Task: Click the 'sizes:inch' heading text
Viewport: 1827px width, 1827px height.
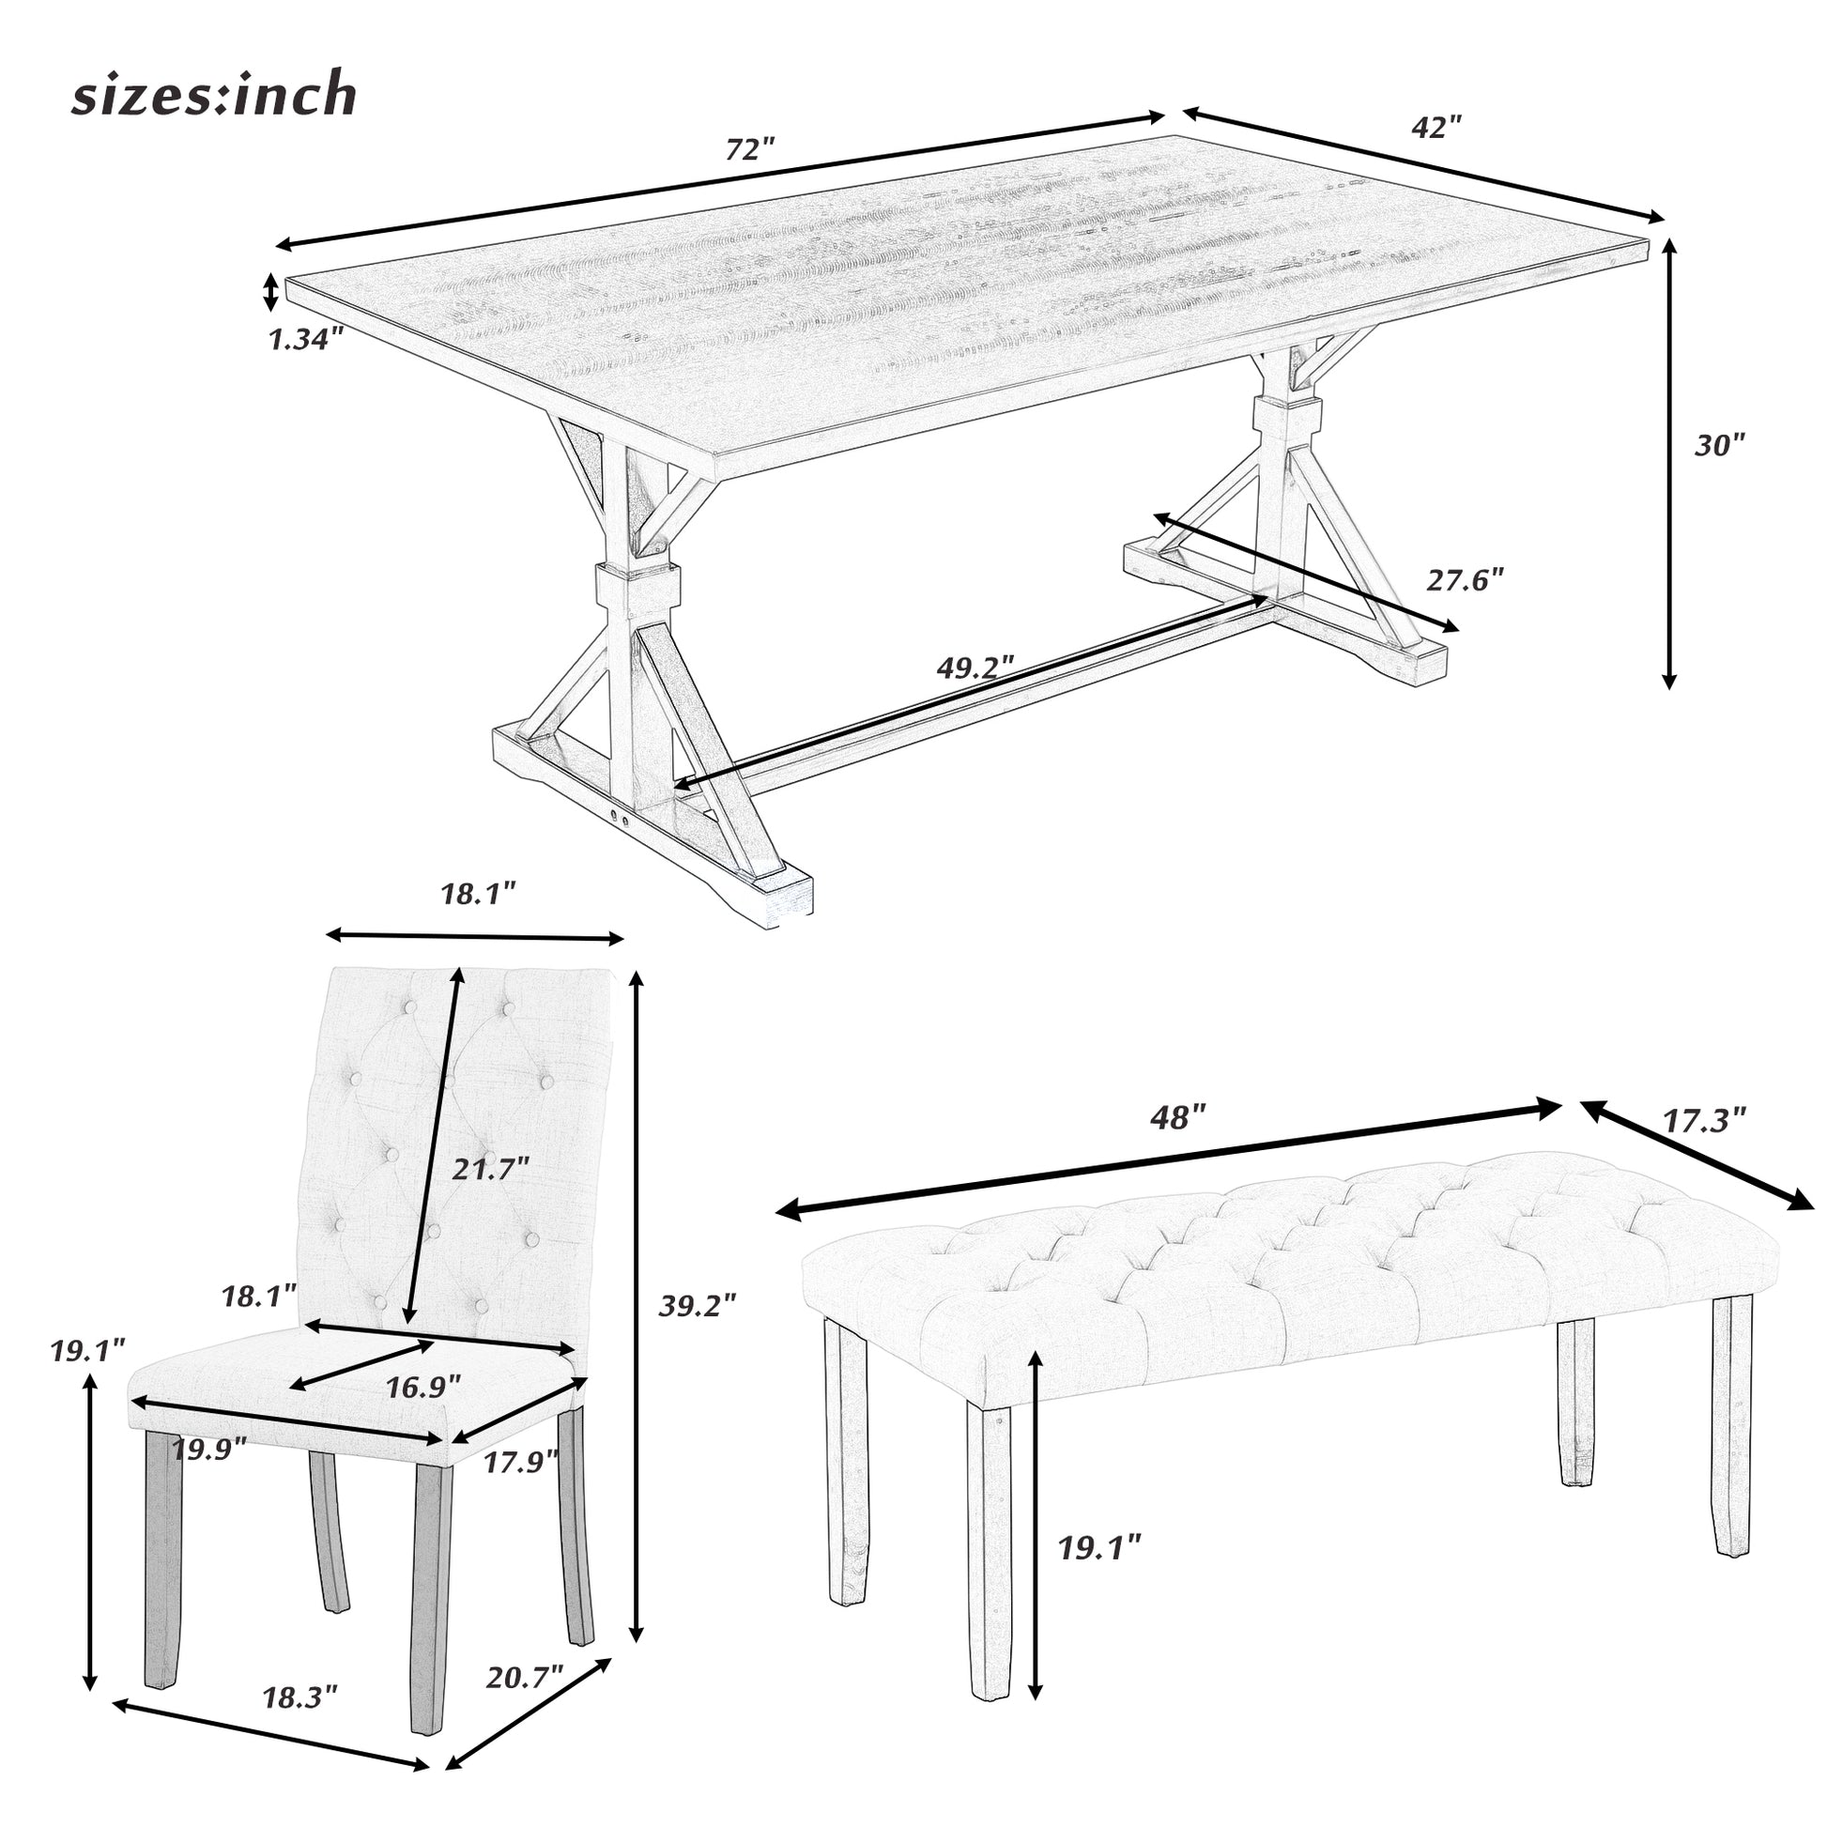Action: [215, 97]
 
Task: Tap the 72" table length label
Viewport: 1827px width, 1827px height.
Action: [750, 149]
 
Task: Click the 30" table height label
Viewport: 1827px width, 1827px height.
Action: [1718, 444]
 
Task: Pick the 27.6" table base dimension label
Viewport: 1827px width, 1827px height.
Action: [1464, 578]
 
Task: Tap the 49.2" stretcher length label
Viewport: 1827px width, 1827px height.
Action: [975, 667]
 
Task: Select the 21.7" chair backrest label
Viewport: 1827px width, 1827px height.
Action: [488, 1169]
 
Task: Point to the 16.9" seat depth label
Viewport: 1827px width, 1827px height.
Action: [422, 1387]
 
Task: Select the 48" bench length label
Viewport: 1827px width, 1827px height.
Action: [1178, 1118]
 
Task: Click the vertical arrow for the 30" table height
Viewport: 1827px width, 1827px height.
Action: [1669, 463]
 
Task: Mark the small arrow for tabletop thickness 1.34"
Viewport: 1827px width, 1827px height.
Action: [270, 292]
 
